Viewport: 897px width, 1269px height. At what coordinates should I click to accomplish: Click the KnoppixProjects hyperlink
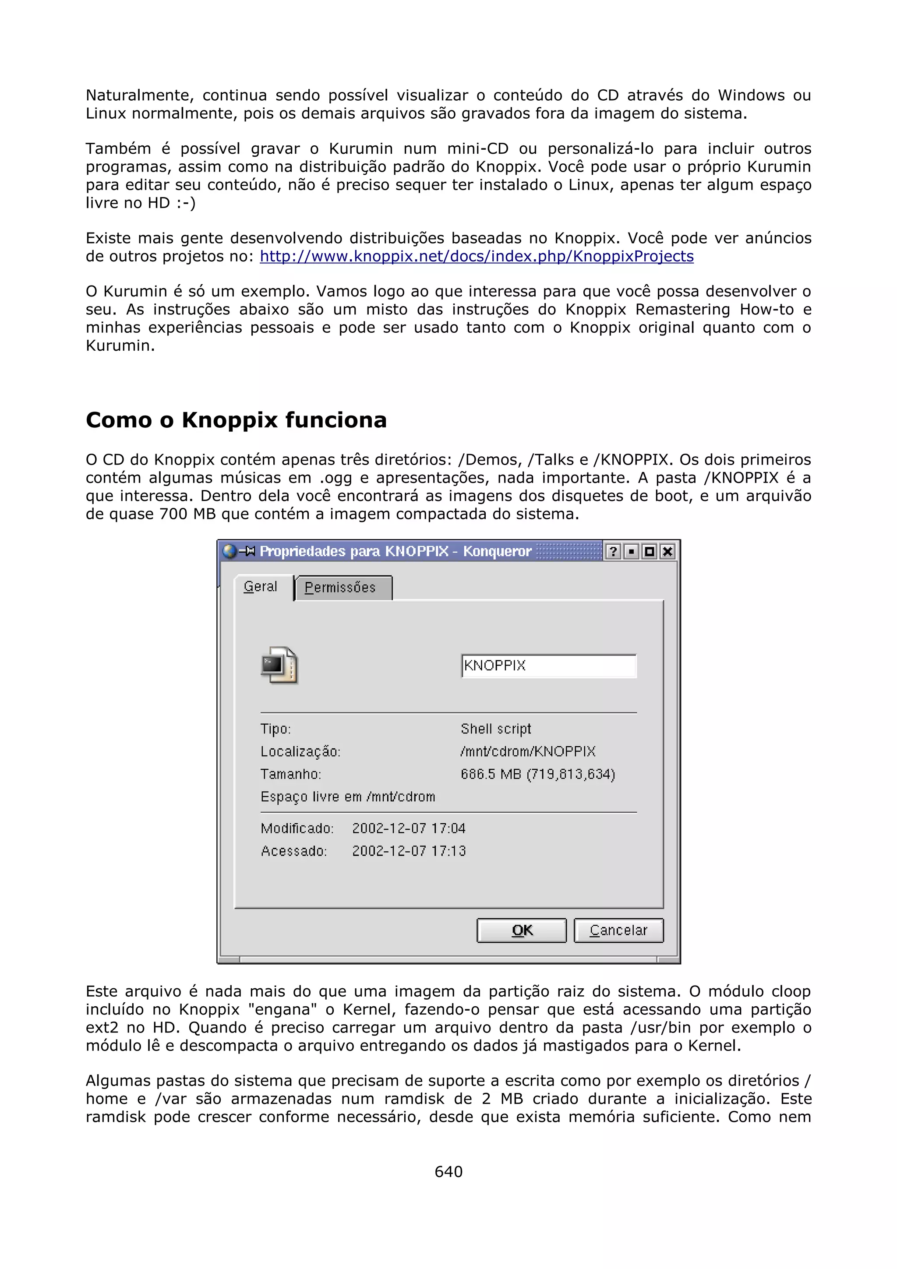pyautogui.click(x=477, y=257)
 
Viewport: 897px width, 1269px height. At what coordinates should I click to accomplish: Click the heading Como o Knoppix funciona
pyautogui.click(x=236, y=420)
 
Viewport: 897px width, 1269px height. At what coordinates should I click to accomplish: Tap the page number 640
pyautogui.click(x=448, y=1171)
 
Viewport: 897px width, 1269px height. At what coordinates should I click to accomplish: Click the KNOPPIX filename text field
pyautogui.click(x=549, y=666)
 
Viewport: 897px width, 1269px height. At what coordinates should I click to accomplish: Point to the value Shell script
pyautogui.click(x=496, y=729)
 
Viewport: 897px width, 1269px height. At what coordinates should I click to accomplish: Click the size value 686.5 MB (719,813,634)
pyautogui.click(x=538, y=774)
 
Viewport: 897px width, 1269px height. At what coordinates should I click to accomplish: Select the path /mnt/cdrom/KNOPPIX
pyautogui.click(x=528, y=752)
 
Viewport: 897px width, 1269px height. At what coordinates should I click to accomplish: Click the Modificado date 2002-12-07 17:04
pyautogui.click(x=409, y=828)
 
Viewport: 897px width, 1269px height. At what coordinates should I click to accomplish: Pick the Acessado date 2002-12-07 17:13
pyautogui.click(x=409, y=851)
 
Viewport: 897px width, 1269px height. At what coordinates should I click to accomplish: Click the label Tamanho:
pyautogui.click(x=291, y=774)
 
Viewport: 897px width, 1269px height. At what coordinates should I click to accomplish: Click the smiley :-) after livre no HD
pyautogui.click(x=186, y=203)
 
